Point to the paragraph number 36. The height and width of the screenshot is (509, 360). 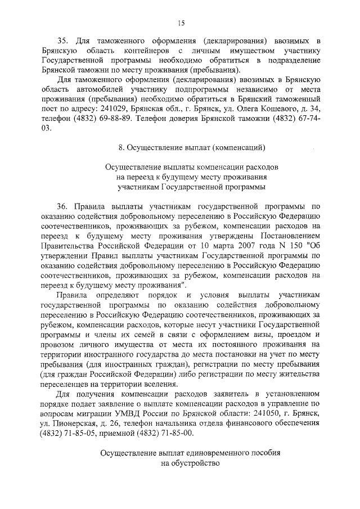coord(64,205)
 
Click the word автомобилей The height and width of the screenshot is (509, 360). coord(93,89)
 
